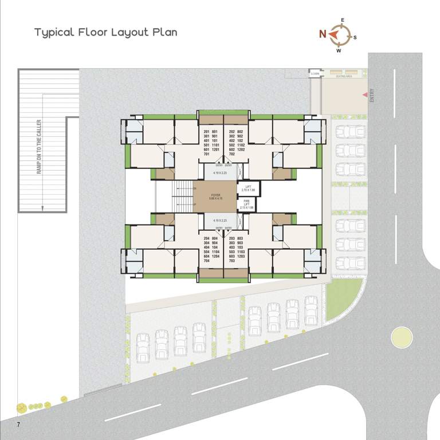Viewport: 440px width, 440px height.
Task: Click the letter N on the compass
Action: click(x=323, y=34)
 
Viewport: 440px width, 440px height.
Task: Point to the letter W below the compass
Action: click(x=339, y=50)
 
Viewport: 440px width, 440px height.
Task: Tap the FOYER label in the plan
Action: click(x=215, y=195)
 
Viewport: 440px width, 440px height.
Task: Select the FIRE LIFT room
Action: click(x=247, y=204)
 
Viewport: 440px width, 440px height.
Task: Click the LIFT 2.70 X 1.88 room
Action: click(x=248, y=188)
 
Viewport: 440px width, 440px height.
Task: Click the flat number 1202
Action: click(x=241, y=150)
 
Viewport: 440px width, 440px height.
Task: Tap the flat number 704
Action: click(x=206, y=260)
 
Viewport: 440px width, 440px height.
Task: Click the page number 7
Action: click(x=18, y=425)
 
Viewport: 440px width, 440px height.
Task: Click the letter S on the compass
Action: click(x=355, y=37)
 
